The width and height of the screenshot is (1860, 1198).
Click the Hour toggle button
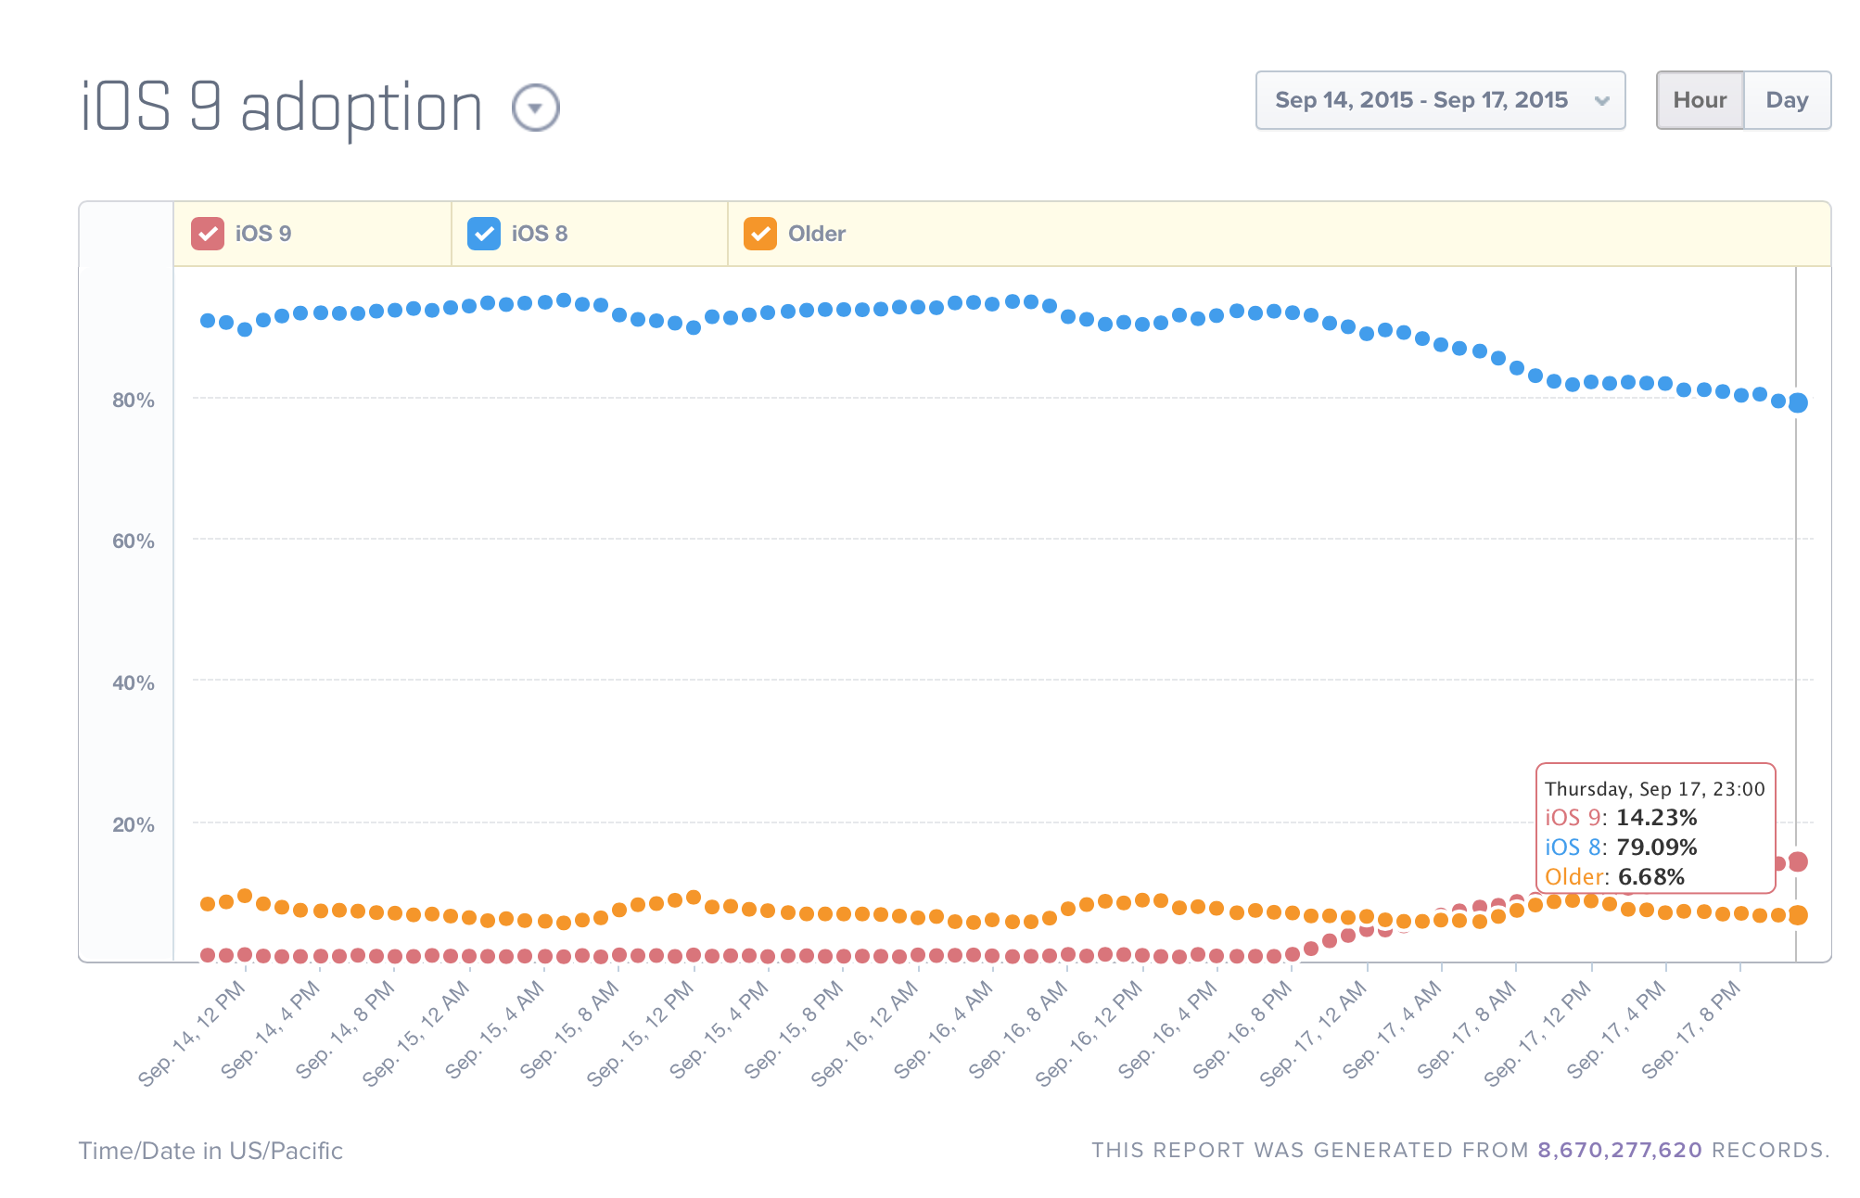coord(1700,100)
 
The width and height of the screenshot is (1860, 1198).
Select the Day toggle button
coord(1787,100)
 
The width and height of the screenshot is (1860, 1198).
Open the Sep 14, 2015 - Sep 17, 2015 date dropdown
coord(1439,100)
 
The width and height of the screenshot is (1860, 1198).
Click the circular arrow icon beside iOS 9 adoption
coord(535,108)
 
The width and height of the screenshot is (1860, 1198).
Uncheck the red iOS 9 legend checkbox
coord(208,234)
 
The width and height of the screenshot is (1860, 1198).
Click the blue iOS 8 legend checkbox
coord(483,234)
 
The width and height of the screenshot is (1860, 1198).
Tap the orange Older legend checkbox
coord(759,234)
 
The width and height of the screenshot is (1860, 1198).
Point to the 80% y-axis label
coord(133,401)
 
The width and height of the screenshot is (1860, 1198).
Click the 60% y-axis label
coord(133,542)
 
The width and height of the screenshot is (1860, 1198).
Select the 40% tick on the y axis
coord(133,683)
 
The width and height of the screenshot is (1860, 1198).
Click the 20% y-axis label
coord(133,825)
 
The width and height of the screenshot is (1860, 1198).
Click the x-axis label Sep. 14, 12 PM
coord(193,1032)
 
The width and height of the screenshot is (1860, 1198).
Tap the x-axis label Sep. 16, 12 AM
coord(865,1032)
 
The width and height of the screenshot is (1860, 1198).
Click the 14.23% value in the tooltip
coord(1656,818)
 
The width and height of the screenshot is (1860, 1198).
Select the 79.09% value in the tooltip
coord(1656,848)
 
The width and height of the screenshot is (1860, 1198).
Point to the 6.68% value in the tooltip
coord(1650,877)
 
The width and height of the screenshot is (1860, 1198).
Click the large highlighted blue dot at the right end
coord(1797,402)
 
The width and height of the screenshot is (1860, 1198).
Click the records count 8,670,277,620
coord(1619,1151)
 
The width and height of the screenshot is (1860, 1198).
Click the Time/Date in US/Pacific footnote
coord(210,1151)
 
